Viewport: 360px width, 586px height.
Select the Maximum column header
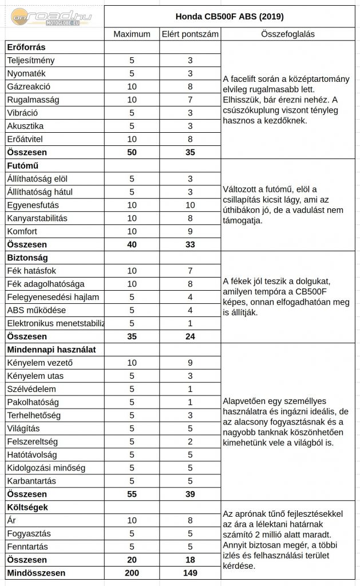(x=132, y=34)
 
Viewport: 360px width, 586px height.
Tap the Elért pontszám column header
(x=189, y=34)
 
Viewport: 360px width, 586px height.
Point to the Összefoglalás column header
(x=290, y=34)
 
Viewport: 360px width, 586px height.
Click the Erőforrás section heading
(x=26, y=47)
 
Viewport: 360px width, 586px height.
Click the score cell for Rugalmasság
(x=189, y=100)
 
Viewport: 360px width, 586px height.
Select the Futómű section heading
(x=23, y=166)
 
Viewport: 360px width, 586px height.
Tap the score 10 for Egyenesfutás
(x=189, y=205)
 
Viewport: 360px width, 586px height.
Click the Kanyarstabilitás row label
(x=37, y=218)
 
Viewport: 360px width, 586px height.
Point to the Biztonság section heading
(x=27, y=258)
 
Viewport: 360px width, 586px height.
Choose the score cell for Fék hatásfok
(x=189, y=271)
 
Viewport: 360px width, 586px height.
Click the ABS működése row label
(x=37, y=310)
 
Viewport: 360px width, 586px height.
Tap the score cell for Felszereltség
(x=189, y=441)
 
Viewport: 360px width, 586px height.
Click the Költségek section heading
(x=27, y=507)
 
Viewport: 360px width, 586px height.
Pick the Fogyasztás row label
(x=29, y=533)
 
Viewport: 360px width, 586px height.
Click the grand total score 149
(x=189, y=572)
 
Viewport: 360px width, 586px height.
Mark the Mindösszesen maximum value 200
(x=132, y=572)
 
